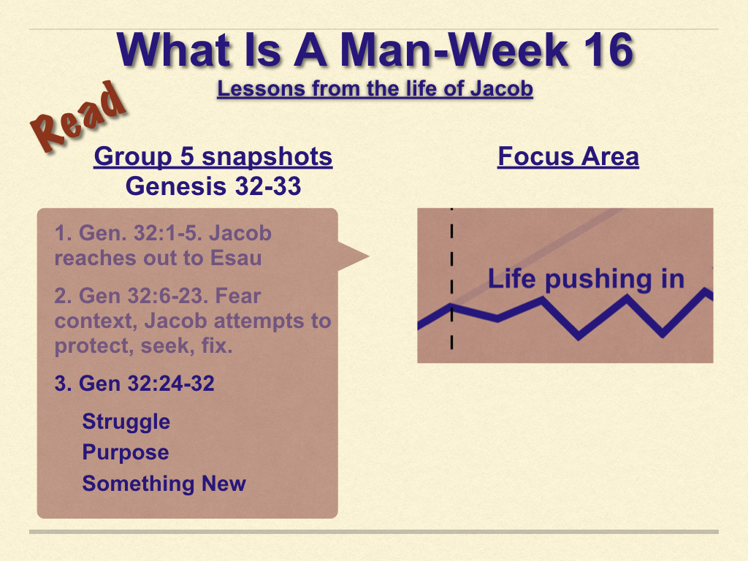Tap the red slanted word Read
(x=78, y=117)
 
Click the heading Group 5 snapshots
(x=213, y=157)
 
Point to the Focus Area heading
(x=568, y=156)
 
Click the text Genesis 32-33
(x=213, y=186)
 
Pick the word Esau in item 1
(x=236, y=258)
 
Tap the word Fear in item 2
(x=237, y=296)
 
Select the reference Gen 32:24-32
(x=134, y=383)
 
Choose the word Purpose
(x=126, y=453)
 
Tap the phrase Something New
(x=164, y=484)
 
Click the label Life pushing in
(x=587, y=280)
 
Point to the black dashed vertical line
(x=451, y=278)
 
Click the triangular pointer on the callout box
(x=353, y=256)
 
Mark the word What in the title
(x=175, y=50)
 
